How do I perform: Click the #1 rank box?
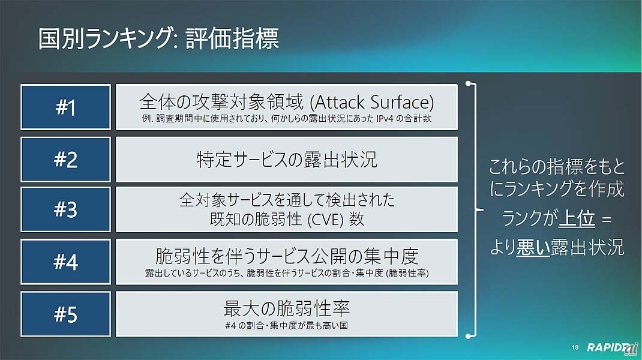pos(65,107)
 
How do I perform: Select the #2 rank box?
pos(65,160)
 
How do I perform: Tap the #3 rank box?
pos(65,209)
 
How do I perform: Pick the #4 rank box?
pos(65,262)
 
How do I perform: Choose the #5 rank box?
pos(65,314)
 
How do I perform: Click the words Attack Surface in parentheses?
pos(372,103)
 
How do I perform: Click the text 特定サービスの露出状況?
pos(287,160)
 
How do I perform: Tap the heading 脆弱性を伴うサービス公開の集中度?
pos(287,256)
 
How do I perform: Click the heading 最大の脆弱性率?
pos(287,308)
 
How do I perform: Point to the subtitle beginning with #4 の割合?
pos(287,326)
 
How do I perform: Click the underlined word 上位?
pos(577,218)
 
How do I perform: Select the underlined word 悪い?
pos(533,247)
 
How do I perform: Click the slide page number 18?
pos(575,347)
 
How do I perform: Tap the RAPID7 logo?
pos(612,347)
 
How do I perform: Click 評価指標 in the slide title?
pos(232,39)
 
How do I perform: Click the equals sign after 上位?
pos(607,220)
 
